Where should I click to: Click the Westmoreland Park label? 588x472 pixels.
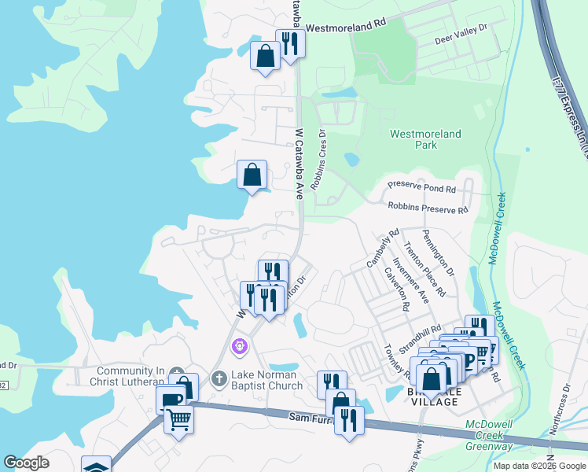click(425, 139)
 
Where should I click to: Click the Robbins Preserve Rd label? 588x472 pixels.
click(428, 208)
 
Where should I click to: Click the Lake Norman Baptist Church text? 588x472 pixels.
click(266, 380)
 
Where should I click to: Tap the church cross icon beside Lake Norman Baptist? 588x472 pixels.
click(219, 380)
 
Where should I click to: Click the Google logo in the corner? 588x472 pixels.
click(26, 463)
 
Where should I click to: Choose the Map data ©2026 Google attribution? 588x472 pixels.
click(538, 465)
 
